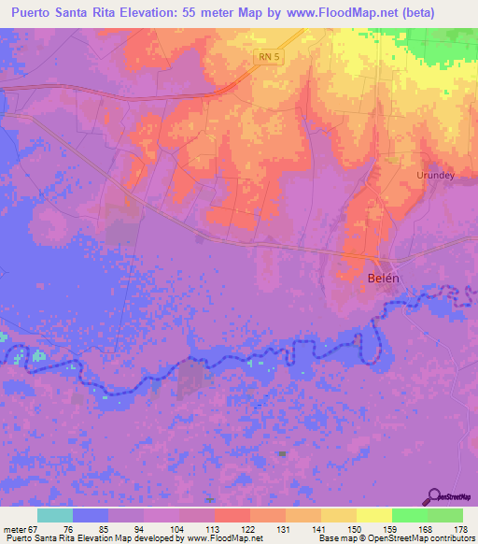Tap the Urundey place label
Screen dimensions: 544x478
point(435,175)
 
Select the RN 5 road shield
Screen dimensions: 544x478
point(269,57)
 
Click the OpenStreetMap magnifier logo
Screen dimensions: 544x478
point(433,496)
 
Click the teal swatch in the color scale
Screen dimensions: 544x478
point(55,515)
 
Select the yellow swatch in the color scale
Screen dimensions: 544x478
point(374,515)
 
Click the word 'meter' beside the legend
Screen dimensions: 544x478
point(14,529)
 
